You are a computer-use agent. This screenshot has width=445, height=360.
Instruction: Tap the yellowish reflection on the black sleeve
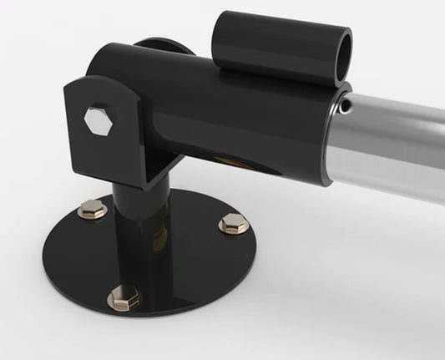[219, 159]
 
